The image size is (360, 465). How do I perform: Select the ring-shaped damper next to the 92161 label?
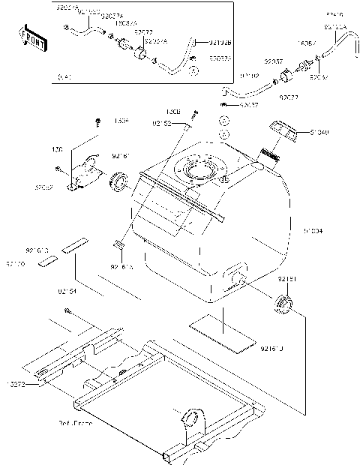(120, 181)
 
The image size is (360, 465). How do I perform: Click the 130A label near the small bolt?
(121, 119)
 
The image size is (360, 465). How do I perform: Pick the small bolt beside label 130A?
(97, 122)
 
